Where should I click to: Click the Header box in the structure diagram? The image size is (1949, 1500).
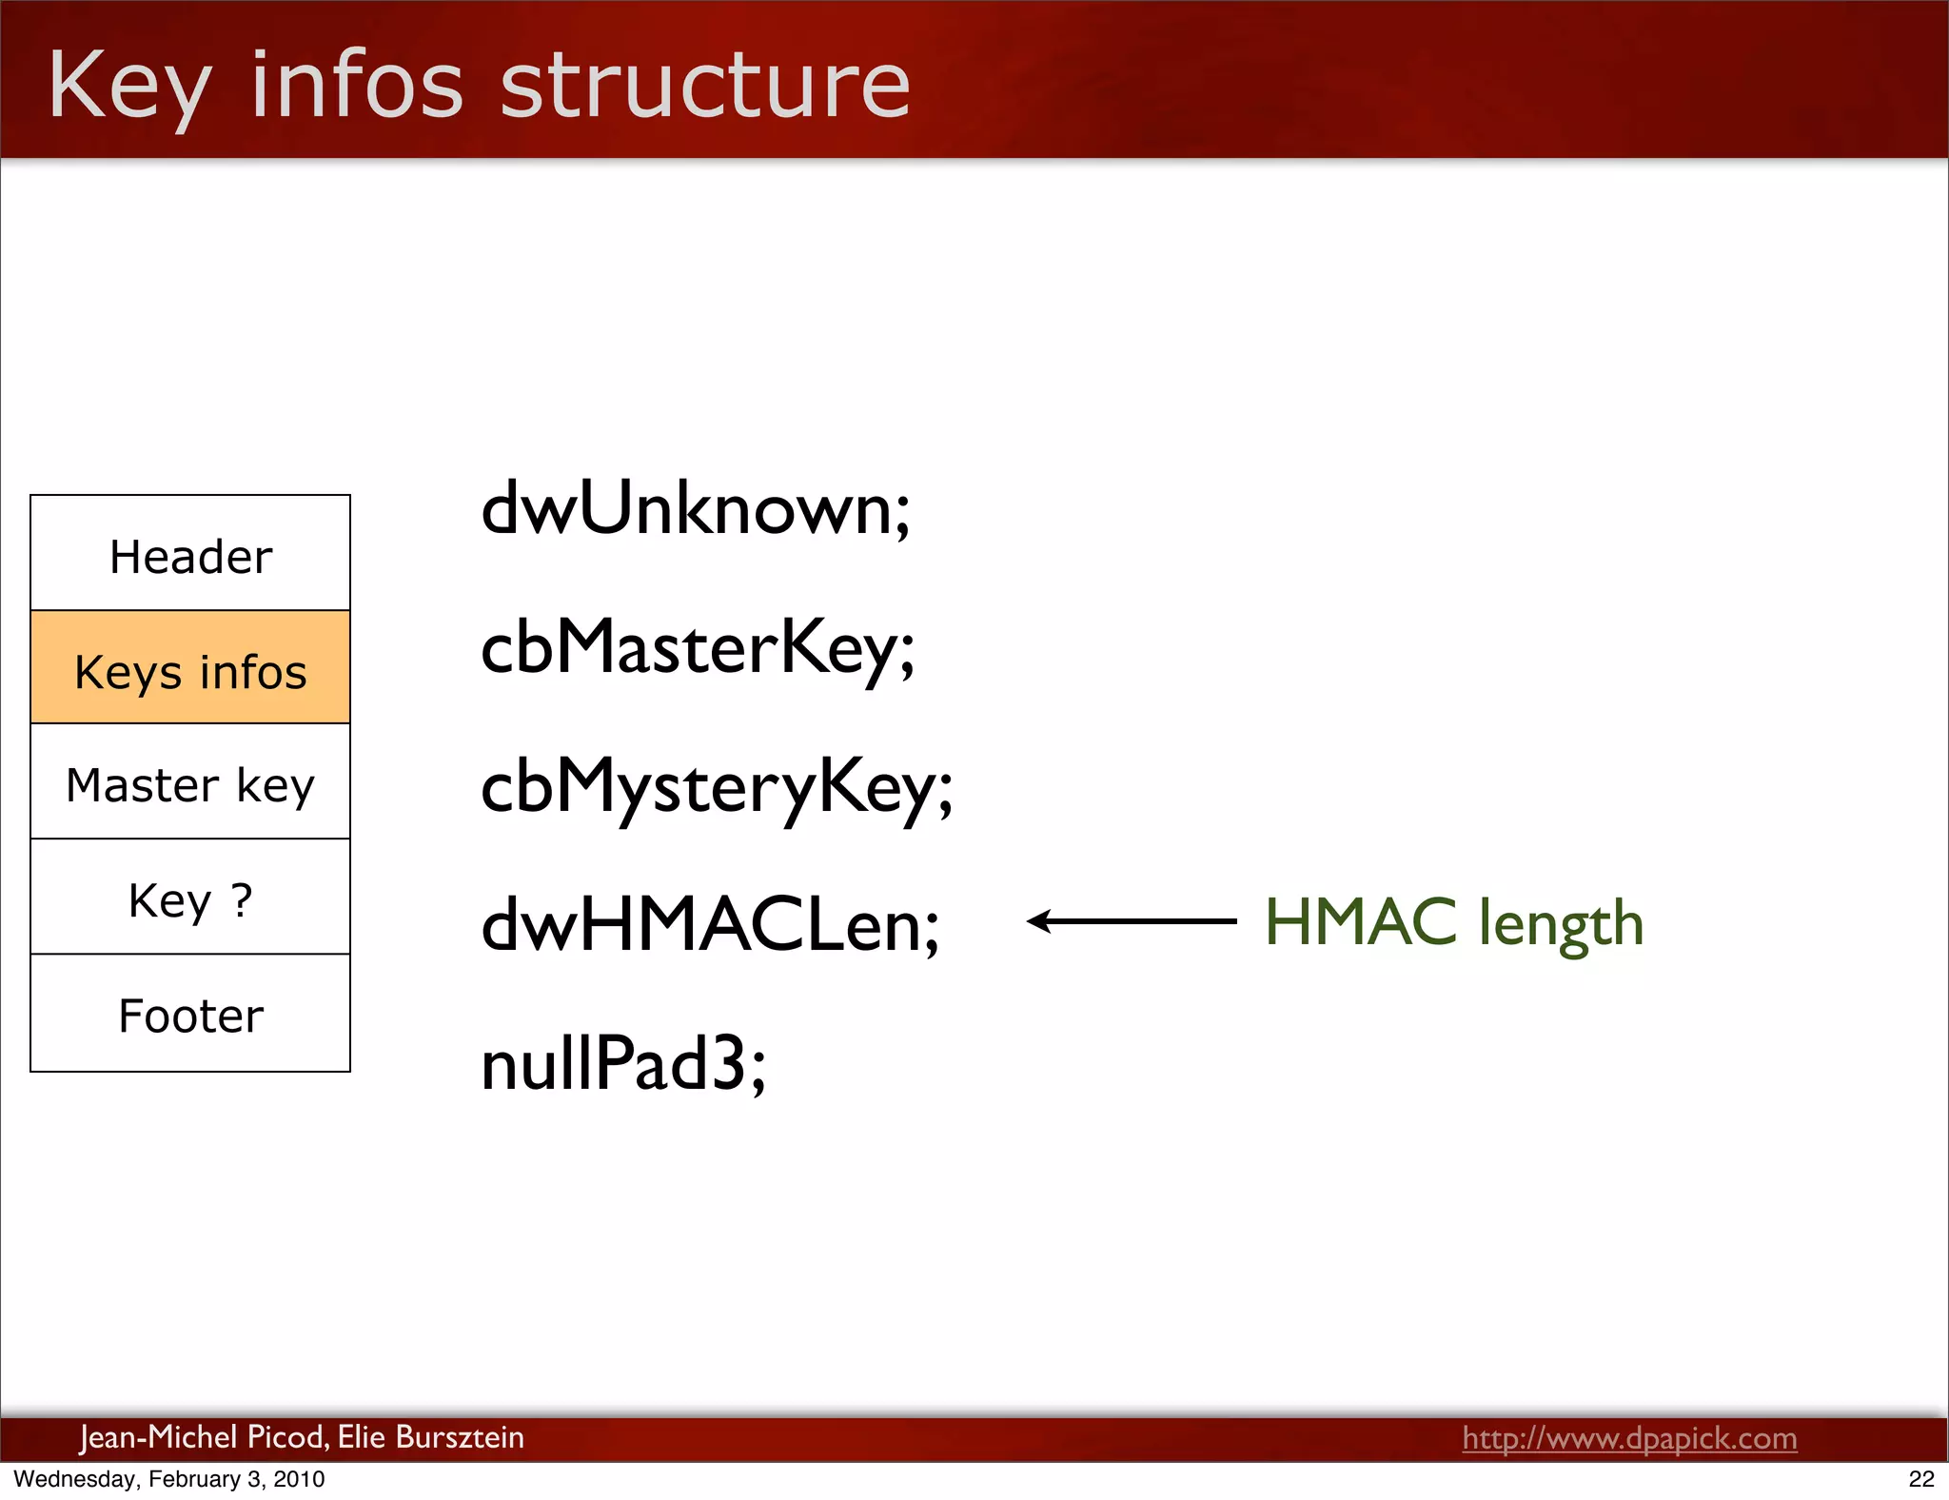(190, 555)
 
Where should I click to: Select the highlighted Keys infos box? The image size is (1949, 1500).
(190, 669)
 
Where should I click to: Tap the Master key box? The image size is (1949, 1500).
(190, 784)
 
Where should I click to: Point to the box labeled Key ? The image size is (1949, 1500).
(190, 898)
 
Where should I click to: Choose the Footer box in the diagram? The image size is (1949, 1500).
(190, 1015)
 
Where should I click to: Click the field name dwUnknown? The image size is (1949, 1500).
(696, 509)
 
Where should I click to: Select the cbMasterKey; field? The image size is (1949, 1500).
(698, 648)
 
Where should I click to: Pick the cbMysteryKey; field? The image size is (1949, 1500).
(717, 787)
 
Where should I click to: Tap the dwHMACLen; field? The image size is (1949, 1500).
(710, 925)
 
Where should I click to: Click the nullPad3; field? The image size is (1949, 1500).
(623, 1063)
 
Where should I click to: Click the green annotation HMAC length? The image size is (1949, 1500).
(1453, 922)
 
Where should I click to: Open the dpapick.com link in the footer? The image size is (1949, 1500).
(1629, 1437)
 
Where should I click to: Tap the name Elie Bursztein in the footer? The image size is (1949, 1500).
(430, 1436)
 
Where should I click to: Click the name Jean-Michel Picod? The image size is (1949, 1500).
(203, 1436)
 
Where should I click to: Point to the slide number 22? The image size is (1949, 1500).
(1921, 1479)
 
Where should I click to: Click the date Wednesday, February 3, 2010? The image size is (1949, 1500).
(169, 1479)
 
